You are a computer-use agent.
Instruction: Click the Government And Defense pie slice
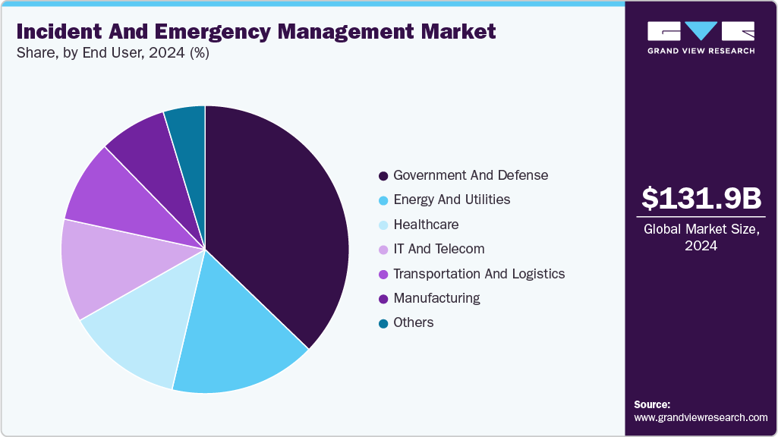point(281,220)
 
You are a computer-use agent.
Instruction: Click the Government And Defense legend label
point(470,175)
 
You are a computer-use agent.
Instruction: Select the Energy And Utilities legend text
point(452,200)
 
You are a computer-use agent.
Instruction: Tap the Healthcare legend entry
point(426,225)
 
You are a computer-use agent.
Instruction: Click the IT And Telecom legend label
point(439,249)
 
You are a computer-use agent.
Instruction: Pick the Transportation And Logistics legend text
point(479,274)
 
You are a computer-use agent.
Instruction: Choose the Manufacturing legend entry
point(436,298)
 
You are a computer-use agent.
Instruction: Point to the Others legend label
point(414,322)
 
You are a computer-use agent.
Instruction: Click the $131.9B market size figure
point(701,199)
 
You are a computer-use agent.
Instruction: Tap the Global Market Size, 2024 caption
point(701,237)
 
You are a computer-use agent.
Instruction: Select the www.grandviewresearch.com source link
point(701,417)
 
